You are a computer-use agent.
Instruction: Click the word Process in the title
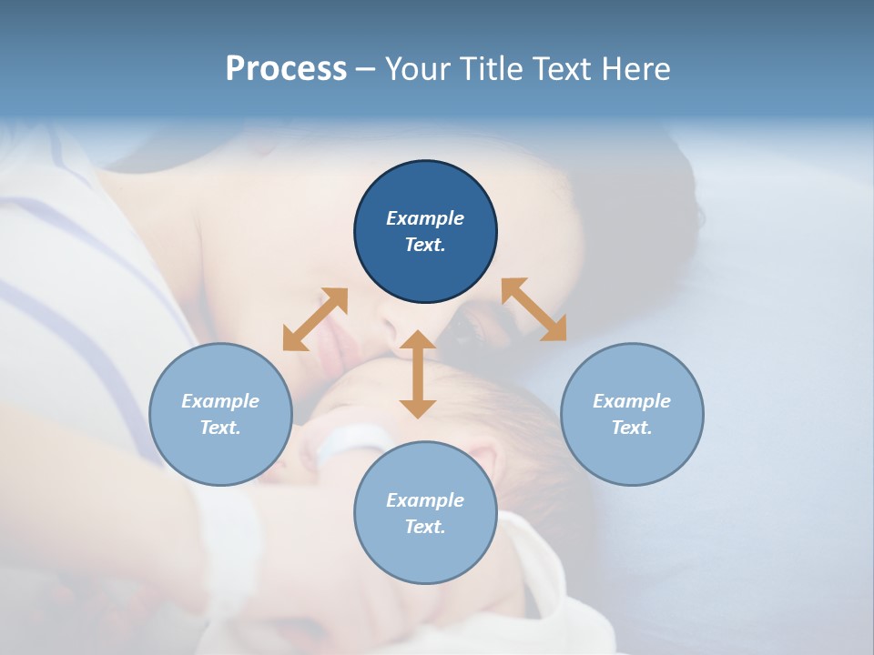[286, 69]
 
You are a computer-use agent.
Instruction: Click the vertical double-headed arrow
[418, 375]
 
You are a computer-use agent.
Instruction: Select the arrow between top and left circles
[315, 319]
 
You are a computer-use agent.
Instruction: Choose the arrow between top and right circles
[534, 309]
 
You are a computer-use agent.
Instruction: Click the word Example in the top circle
[425, 218]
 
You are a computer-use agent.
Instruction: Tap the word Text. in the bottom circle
[425, 527]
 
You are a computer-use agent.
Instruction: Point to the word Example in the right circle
[632, 401]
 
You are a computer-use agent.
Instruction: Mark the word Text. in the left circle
[220, 428]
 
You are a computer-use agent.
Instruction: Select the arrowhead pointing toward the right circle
[554, 330]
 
